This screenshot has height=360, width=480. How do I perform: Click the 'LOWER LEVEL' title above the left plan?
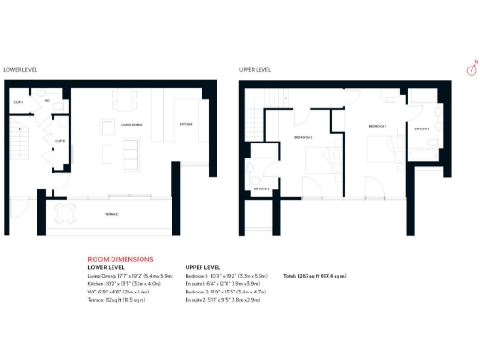tap(20, 70)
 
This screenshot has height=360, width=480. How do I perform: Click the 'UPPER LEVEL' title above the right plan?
tap(255, 70)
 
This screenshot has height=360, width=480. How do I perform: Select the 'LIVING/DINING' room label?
tap(129, 124)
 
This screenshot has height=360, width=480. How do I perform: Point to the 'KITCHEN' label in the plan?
tap(187, 124)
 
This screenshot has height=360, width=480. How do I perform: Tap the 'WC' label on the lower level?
tap(46, 100)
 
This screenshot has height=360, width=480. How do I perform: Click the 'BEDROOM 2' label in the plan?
tap(304, 137)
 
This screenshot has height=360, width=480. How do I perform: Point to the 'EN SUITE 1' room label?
tap(422, 128)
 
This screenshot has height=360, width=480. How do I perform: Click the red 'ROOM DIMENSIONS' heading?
tap(120, 259)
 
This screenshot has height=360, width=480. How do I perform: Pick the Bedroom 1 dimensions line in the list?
tap(228, 276)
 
